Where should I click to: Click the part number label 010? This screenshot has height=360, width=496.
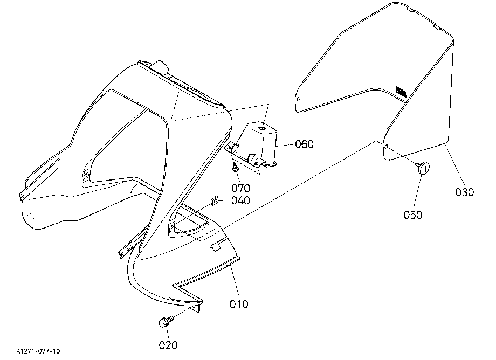pos(239,304)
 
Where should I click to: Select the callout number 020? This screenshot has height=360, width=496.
pos(168,345)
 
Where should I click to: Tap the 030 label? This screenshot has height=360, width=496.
pos(464,192)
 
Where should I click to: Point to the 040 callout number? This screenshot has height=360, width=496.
pos(240,200)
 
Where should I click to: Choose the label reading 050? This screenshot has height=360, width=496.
pos(413,215)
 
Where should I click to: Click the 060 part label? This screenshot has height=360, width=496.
pos(304,144)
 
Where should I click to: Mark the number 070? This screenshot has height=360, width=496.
pos(241,189)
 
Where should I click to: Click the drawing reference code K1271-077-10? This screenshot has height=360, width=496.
pos(38,351)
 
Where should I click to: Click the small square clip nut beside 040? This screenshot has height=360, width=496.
pos(214,200)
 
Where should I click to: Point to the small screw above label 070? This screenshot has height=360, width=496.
pos(236,168)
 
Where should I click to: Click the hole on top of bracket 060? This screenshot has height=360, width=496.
pos(262,128)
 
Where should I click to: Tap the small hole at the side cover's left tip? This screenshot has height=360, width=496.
pos(298,99)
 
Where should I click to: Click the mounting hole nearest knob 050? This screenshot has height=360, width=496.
pos(387,147)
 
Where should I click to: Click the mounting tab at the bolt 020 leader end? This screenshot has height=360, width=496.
pos(196,308)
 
